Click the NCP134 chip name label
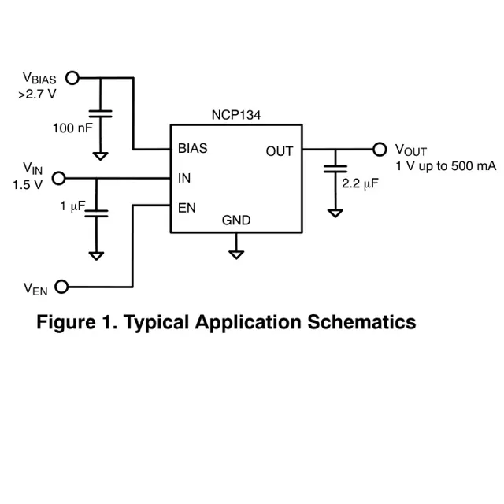pos(235,115)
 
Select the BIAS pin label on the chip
pos(193,147)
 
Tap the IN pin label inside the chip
pos(184,178)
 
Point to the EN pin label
pos(187,208)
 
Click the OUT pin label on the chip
pos(279,150)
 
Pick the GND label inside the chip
pos(235,220)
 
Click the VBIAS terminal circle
pos(72,77)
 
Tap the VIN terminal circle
pos(57,178)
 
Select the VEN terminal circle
pos(61,286)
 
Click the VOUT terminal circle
pos(380,148)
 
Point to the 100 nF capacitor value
pos(72,128)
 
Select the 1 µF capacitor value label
pos(72,206)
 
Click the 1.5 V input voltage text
pos(27,185)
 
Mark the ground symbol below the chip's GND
pos(235,254)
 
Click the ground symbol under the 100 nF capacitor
pos(100,155)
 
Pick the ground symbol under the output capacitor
pos(335,212)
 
